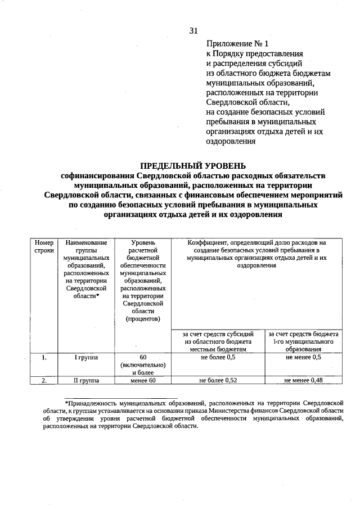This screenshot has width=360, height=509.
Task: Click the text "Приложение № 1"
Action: [233, 43]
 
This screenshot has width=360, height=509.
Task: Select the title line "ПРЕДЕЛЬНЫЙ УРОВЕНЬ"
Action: [193, 165]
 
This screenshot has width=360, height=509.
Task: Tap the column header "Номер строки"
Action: [44, 246]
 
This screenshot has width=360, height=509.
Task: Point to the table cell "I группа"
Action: [86, 357]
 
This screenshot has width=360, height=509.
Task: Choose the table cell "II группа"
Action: [86, 381]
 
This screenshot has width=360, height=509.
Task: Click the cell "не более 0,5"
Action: [217, 357]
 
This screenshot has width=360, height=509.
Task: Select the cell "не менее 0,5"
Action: [303, 357]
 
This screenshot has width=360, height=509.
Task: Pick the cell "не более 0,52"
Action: [217, 381]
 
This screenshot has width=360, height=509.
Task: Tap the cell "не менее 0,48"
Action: [303, 381]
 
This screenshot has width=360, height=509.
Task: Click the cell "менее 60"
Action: [143, 381]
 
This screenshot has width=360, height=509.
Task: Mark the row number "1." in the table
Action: [44, 357]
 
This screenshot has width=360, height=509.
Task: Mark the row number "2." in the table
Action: [44, 381]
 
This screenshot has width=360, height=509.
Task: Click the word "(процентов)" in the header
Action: [143, 319]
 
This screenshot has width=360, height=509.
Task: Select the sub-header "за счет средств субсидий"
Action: [217, 334]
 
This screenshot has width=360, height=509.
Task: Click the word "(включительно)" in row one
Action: [143, 364]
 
